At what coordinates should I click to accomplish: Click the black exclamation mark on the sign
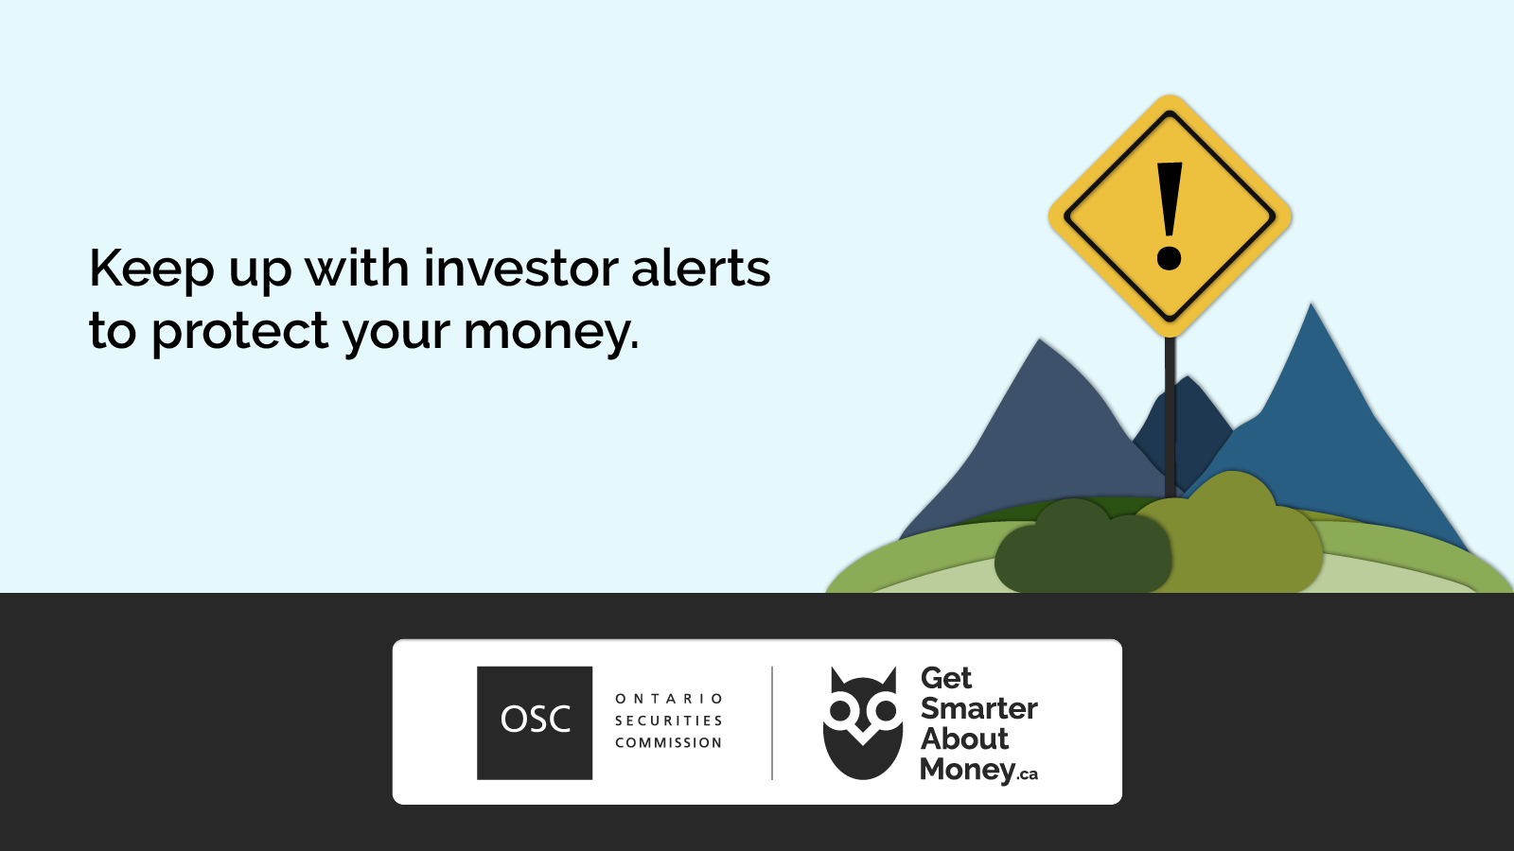pos(1170,217)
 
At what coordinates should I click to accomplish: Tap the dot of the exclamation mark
pos(1170,259)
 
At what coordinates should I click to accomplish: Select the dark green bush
pos(1083,547)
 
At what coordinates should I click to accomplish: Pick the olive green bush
pos(1234,533)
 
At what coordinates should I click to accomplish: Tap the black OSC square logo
pos(535,722)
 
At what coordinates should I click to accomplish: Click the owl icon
pos(862,722)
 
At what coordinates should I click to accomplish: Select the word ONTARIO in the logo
pos(669,699)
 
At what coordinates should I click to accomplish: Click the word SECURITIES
pos(669,721)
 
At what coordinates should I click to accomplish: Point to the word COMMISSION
pos(669,743)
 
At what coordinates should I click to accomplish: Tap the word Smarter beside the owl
pos(978,708)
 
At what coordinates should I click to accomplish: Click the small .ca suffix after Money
pos(1028,774)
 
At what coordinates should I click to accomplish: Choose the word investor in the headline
pos(520,269)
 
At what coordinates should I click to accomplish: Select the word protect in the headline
pos(240,332)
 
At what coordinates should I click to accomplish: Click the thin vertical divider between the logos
pos(772,722)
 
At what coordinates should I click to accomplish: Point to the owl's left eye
pos(840,710)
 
